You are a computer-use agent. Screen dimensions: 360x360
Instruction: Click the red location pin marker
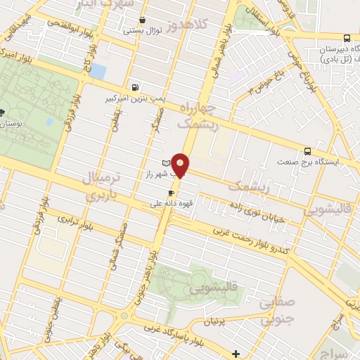tap(181, 165)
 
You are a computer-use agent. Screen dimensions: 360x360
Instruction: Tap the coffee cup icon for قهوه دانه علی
tap(171, 192)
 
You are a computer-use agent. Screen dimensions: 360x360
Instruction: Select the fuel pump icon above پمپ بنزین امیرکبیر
tap(134, 88)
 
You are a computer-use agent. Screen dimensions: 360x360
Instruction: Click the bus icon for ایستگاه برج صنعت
tap(307, 150)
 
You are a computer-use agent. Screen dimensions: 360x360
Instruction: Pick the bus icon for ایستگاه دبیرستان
tap(346, 38)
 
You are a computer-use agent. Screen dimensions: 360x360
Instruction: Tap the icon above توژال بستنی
tap(143, 20)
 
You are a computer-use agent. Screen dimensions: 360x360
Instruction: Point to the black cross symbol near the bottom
tap(236, 354)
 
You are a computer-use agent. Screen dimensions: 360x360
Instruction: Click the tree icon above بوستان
tap(2, 112)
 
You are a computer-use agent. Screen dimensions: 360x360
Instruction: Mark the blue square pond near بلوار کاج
tap(98, 71)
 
